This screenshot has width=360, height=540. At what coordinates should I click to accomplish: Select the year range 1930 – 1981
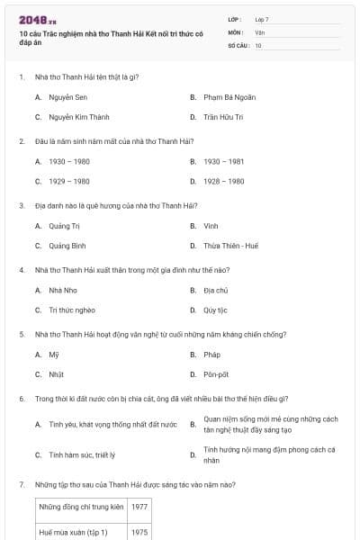223,161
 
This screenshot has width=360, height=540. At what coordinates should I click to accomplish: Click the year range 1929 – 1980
69,181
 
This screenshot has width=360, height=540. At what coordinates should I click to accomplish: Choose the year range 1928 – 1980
223,181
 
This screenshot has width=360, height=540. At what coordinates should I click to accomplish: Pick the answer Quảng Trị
64,225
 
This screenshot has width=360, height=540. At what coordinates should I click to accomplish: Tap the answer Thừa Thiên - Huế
230,246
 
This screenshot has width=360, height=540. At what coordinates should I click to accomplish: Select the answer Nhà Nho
61,290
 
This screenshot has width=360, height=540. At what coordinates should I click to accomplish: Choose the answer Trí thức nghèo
72,310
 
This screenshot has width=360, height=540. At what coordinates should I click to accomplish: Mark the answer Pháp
212,355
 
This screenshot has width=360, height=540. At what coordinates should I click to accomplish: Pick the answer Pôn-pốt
216,374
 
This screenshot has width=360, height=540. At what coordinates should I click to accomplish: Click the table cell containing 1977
139,507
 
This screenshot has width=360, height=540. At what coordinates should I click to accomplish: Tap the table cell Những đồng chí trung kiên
80,507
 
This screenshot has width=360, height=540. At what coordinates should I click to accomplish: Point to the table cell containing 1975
139,532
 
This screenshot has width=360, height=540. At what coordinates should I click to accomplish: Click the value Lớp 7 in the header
262,19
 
